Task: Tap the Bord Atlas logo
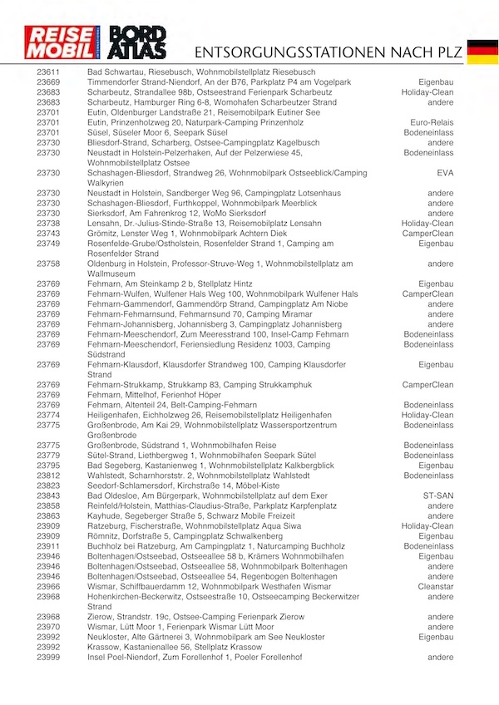[x=138, y=44]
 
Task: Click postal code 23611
[x=48, y=73]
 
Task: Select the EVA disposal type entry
[x=445, y=173]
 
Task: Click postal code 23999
[x=48, y=658]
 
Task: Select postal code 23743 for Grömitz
[x=48, y=234]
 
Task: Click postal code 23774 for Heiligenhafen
[x=48, y=415]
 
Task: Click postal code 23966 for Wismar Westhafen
[x=48, y=587]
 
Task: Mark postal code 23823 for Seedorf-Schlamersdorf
[x=48, y=486]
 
